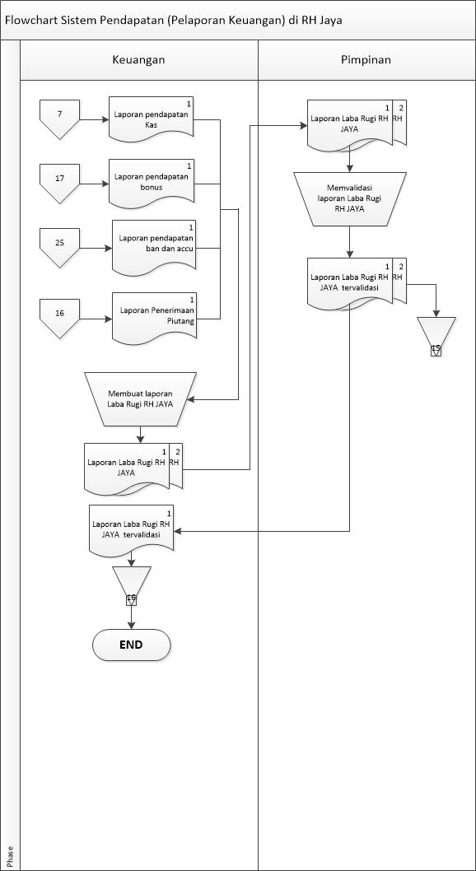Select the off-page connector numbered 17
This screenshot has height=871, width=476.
tap(59, 181)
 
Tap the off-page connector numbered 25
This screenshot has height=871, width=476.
tap(59, 245)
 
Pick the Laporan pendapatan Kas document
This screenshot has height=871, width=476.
tap(152, 119)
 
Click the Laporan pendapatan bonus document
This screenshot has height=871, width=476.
tap(152, 182)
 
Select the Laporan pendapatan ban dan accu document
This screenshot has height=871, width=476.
tap(155, 244)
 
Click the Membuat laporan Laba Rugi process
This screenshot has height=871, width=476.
tap(140, 398)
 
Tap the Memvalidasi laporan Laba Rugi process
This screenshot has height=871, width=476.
tap(349, 198)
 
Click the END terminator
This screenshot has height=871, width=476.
tap(131, 645)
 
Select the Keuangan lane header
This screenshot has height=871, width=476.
tap(138, 60)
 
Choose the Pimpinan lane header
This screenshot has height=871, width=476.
tap(366, 60)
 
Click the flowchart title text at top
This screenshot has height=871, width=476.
tap(173, 20)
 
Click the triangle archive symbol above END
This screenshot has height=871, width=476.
tap(131, 584)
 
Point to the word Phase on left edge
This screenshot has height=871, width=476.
tap(10, 854)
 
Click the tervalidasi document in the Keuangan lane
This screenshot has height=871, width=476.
tap(131, 529)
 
